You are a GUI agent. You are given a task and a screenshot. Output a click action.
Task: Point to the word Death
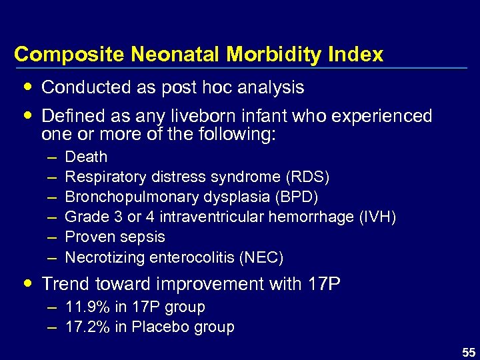(86, 157)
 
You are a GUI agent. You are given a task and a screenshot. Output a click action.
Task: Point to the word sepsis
(143, 237)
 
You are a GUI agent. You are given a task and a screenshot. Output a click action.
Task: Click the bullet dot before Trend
(25, 284)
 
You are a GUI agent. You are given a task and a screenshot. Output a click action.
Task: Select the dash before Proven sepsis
(52, 237)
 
